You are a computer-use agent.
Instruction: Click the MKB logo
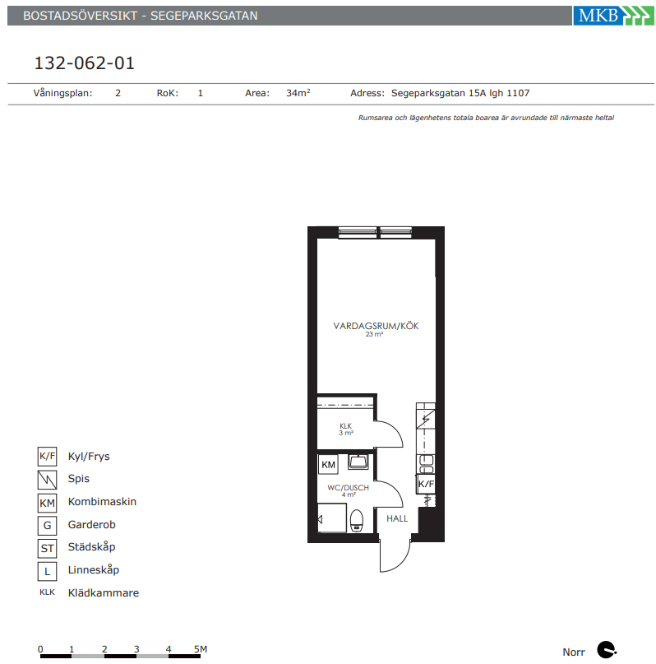pyautogui.click(x=613, y=16)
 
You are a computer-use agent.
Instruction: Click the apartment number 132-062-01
pyautogui.click(x=84, y=63)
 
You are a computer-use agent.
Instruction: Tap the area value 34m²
pyautogui.click(x=298, y=93)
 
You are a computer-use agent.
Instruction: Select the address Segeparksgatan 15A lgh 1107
pyautogui.click(x=460, y=93)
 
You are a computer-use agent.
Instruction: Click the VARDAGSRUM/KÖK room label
pyautogui.click(x=376, y=326)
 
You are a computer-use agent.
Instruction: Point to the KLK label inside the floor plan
pyautogui.click(x=345, y=425)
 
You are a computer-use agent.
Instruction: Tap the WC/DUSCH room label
pyautogui.click(x=348, y=488)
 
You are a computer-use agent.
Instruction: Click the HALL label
pyautogui.click(x=397, y=518)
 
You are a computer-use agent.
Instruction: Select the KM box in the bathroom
pyautogui.click(x=328, y=465)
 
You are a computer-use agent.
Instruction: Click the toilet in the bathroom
pyautogui.click(x=357, y=521)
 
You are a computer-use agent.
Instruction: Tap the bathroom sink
pyautogui.click(x=358, y=462)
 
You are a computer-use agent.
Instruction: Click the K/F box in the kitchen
pyautogui.click(x=426, y=484)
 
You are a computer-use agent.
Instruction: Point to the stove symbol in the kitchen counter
pyautogui.click(x=426, y=419)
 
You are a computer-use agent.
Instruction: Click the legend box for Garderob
pyautogui.click(x=47, y=525)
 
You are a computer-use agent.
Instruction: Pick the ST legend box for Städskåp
pyautogui.click(x=47, y=548)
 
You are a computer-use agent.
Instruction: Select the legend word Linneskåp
pyautogui.click(x=94, y=570)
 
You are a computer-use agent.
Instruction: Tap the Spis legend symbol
pyautogui.click(x=47, y=480)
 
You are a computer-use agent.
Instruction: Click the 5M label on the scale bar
pyautogui.click(x=201, y=648)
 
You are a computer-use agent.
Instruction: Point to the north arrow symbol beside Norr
pyautogui.click(x=606, y=650)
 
